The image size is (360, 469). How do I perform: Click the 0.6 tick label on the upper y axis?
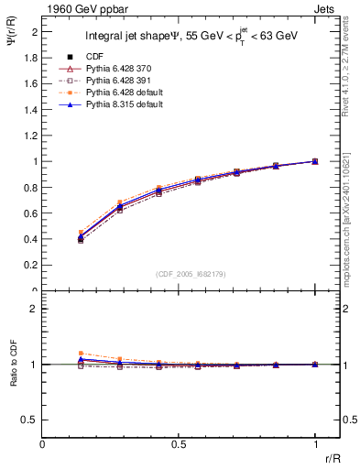[x=30, y=213]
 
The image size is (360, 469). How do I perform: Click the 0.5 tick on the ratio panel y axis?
[x=30, y=420]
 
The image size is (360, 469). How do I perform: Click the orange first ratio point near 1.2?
[x=82, y=353]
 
